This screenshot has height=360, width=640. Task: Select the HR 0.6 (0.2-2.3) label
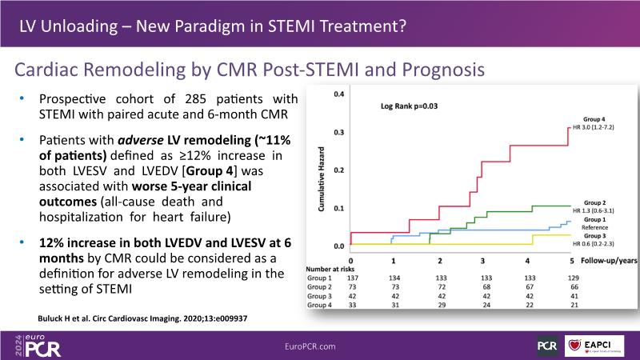[x=592, y=244]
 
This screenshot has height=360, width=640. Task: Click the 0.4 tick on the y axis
[x=338, y=94]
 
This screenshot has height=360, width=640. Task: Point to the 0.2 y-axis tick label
[x=338, y=170]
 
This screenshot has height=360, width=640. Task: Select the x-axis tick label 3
[x=482, y=262]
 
